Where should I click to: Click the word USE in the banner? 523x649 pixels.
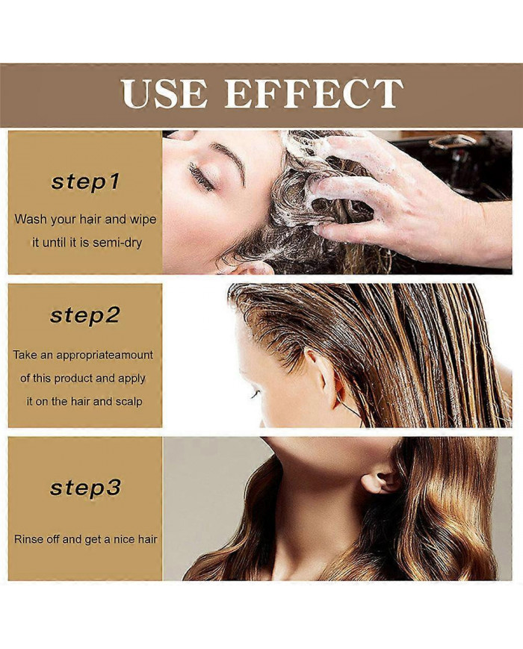click(x=164, y=93)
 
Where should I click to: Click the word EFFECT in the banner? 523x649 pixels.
click(x=314, y=93)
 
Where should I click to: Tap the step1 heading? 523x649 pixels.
click(x=85, y=183)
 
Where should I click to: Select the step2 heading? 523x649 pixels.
click(x=85, y=316)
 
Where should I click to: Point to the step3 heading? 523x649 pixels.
click(x=85, y=488)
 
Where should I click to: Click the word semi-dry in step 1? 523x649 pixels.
click(x=117, y=243)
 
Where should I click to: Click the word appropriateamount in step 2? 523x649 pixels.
click(x=105, y=355)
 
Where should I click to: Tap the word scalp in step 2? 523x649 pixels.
click(x=129, y=402)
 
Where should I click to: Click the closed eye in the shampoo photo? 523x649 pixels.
click(x=201, y=176)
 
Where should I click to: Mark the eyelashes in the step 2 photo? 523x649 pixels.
click(x=254, y=394)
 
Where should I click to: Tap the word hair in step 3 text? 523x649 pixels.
click(x=147, y=540)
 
